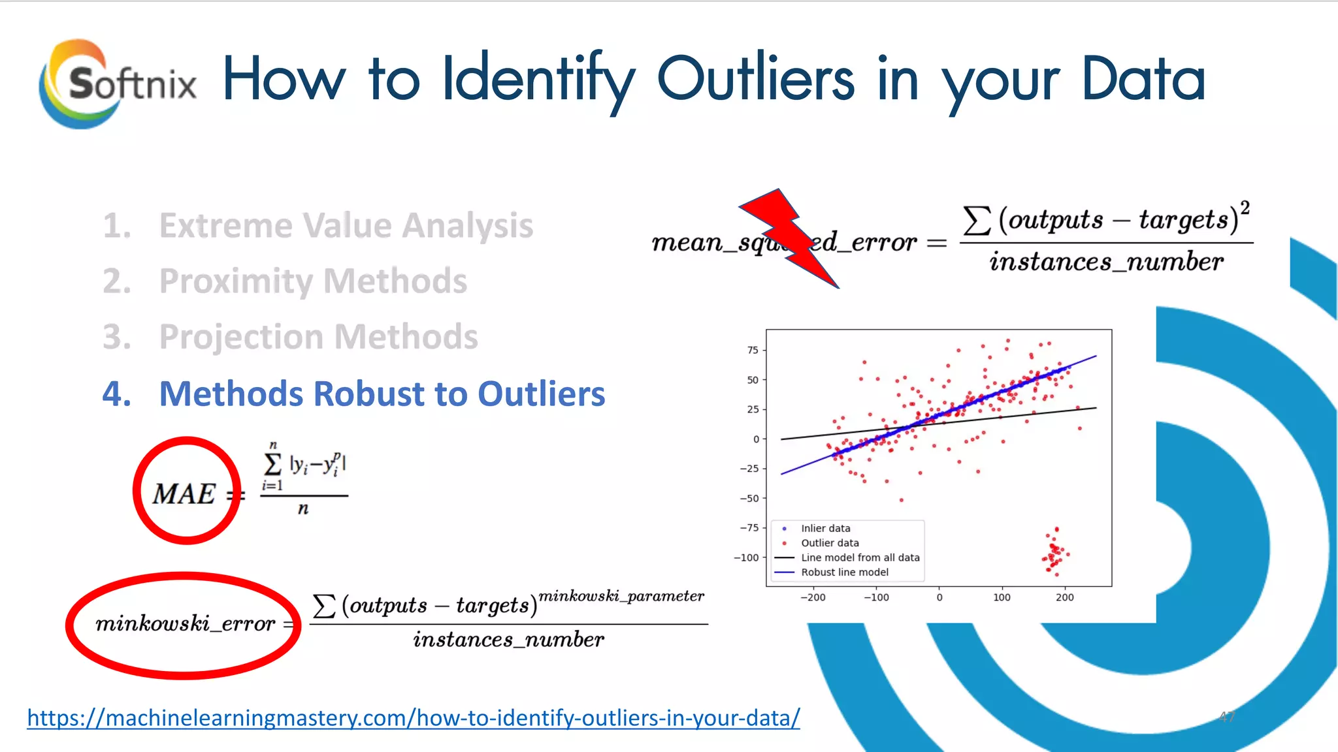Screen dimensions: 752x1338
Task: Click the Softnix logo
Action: tap(118, 84)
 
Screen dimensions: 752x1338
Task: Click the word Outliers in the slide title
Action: tap(755, 80)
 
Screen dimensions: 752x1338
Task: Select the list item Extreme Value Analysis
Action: tap(346, 226)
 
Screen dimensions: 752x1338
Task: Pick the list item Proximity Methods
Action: tap(313, 281)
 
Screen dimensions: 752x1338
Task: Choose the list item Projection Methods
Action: tap(318, 337)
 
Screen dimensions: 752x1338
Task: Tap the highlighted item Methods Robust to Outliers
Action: tap(382, 394)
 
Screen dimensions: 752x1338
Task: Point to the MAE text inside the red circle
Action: tap(184, 494)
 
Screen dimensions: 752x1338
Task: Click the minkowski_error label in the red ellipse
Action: tap(185, 624)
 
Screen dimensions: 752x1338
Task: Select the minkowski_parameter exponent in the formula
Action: tap(621, 596)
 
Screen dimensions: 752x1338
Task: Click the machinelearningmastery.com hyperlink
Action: tap(413, 718)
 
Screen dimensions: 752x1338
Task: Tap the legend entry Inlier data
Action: tap(825, 529)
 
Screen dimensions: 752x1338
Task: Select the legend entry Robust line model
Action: tap(844, 572)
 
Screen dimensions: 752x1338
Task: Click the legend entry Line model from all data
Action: tap(860, 558)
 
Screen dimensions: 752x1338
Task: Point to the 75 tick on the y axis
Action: tap(753, 351)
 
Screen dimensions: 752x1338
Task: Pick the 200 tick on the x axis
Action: tap(1064, 597)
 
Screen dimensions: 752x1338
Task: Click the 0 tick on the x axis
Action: tap(939, 597)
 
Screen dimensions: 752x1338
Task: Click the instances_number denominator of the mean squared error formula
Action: tap(1105, 262)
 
